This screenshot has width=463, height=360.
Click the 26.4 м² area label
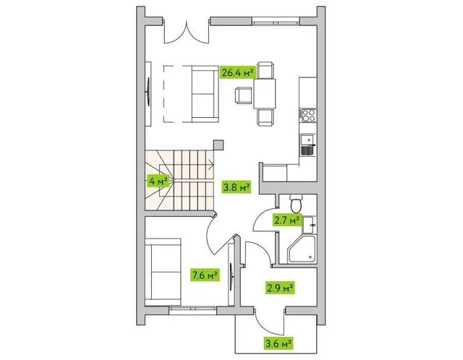238,72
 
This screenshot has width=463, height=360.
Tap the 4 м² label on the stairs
158,181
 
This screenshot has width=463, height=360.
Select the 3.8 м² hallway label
237,187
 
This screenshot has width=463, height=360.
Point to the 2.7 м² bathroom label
286,220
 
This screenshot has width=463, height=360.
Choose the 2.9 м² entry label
280,288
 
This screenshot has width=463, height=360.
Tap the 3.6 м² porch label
279,343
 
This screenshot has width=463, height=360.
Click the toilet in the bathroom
295,204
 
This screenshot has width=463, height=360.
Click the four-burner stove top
308,115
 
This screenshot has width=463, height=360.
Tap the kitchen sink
308,145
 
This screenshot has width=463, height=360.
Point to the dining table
265,93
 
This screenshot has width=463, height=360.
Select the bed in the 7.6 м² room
163,272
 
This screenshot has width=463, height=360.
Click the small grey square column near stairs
218,145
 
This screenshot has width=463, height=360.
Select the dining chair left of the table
243,95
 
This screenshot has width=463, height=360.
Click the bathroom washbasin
309,225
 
